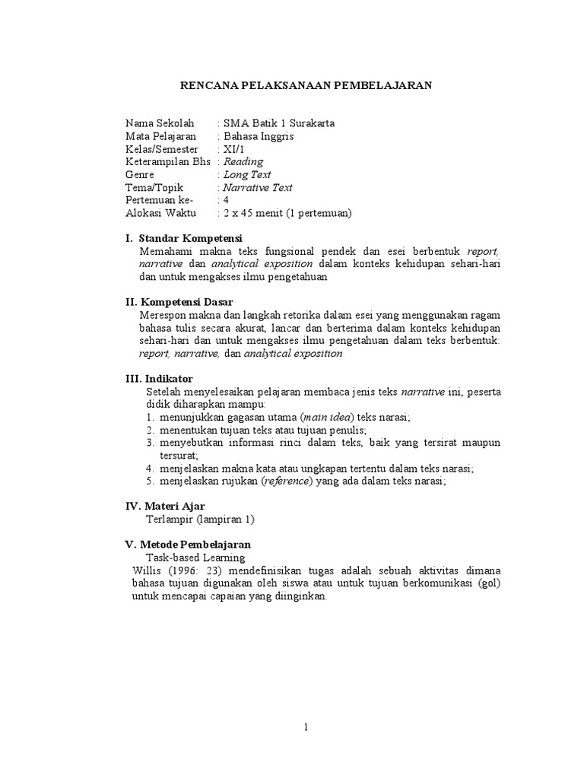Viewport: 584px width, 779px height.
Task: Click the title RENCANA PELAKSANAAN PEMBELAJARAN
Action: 306,86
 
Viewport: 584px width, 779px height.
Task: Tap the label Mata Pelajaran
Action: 156,136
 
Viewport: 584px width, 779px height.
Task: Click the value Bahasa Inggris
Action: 258,136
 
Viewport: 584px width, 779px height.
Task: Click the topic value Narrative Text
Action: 257,188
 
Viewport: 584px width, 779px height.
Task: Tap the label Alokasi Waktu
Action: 160,213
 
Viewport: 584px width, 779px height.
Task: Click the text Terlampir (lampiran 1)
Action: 200,520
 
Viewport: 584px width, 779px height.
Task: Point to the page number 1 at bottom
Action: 306,727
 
